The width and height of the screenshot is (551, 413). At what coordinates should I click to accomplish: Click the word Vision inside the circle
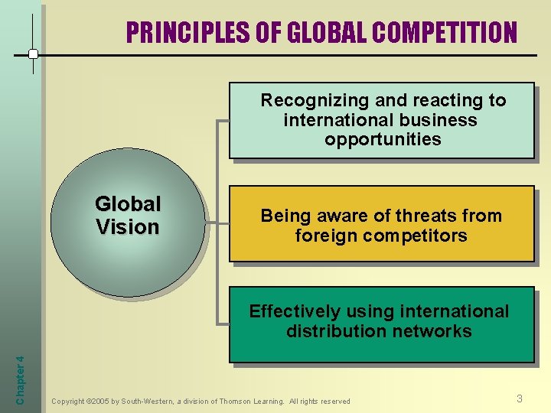click(127, 227)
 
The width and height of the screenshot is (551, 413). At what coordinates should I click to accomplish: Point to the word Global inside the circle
click(127, 204)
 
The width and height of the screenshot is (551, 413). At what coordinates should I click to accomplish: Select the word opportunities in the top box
click(383, 139)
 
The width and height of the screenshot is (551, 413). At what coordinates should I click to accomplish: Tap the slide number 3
click(520, 398)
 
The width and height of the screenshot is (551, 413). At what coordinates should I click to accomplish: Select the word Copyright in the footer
click(67, 401)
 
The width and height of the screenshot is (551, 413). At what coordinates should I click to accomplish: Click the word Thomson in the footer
click(235, 401)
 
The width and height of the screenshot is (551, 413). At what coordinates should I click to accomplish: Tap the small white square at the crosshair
click(33, 54)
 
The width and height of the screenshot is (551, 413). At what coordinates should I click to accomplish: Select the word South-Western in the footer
click(145, 401)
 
